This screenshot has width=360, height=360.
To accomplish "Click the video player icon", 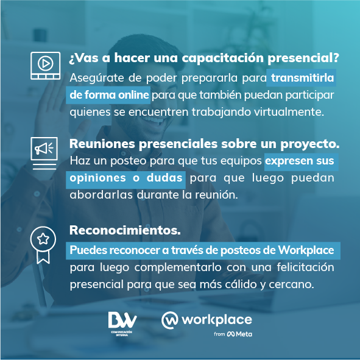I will (45, 65).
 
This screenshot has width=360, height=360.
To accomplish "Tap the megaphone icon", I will (44, 150).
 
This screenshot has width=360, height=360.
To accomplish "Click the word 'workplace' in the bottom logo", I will (216, 320).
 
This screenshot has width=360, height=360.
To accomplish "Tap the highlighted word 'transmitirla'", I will (304, 78).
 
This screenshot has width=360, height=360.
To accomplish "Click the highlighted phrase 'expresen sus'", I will (300, 161).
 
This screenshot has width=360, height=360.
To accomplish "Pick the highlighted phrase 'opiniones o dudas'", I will (126, 178).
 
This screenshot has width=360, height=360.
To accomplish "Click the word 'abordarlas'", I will (98, 196).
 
